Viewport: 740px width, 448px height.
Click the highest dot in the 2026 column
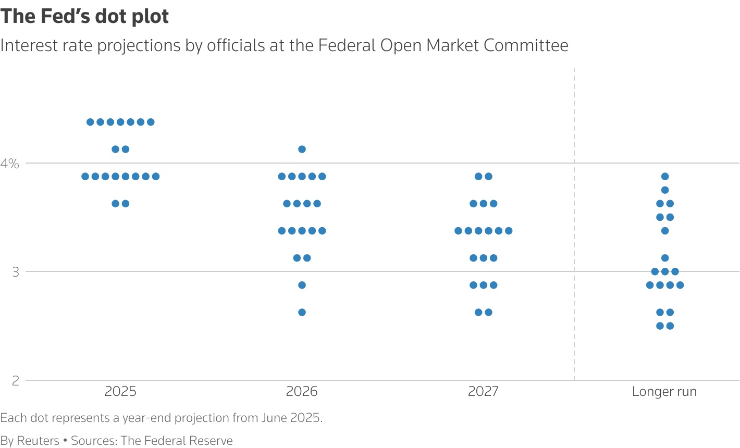pos(302,150)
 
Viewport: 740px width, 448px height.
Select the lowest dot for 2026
pos(302,313)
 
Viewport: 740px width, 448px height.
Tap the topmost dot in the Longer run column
pos(664,177)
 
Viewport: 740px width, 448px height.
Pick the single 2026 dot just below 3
pos(302,285)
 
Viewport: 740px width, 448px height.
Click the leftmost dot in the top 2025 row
pos(90,122)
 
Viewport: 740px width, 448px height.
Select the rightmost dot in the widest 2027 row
pos(509,231)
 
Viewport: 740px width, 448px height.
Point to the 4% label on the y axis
pos(9,164)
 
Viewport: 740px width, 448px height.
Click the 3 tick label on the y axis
pos(15,272)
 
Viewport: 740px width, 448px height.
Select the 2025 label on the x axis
pos(120,392)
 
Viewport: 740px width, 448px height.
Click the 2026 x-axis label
pos(302,392)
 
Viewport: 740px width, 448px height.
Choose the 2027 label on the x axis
pos(483,392)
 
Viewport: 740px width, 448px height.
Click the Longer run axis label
pos(664,392)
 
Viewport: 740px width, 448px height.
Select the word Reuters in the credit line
pos(38,441)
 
